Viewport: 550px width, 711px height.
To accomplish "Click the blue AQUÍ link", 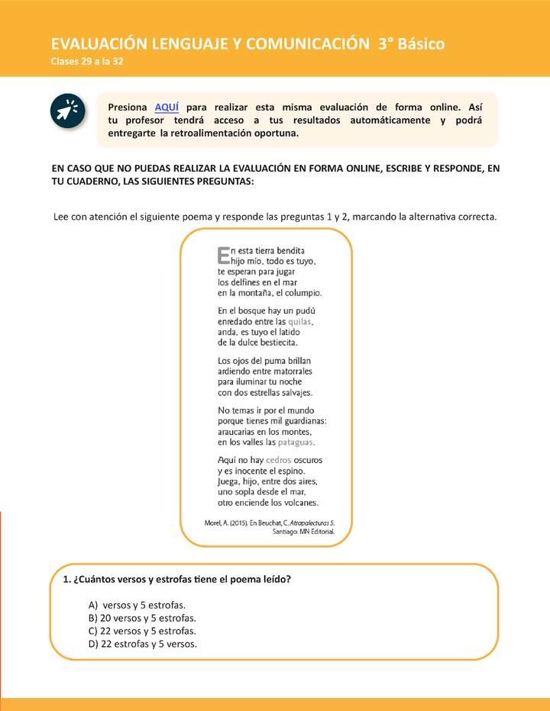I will [167, 107].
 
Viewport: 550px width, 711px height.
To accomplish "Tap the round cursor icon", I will [67, 111].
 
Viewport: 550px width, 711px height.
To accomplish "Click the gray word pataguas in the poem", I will [296, 442].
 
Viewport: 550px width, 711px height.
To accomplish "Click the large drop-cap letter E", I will [223, 255].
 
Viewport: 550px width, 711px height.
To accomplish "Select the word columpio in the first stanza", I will [303, 292].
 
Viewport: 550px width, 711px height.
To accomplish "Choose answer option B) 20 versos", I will [142, 618].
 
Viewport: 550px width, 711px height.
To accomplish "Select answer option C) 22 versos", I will [142, 631].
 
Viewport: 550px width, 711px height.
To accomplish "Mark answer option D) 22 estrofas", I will [143, 644].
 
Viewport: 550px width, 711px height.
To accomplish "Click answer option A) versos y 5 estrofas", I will [137, 605].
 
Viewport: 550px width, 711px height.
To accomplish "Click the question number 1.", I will [66, 579].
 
